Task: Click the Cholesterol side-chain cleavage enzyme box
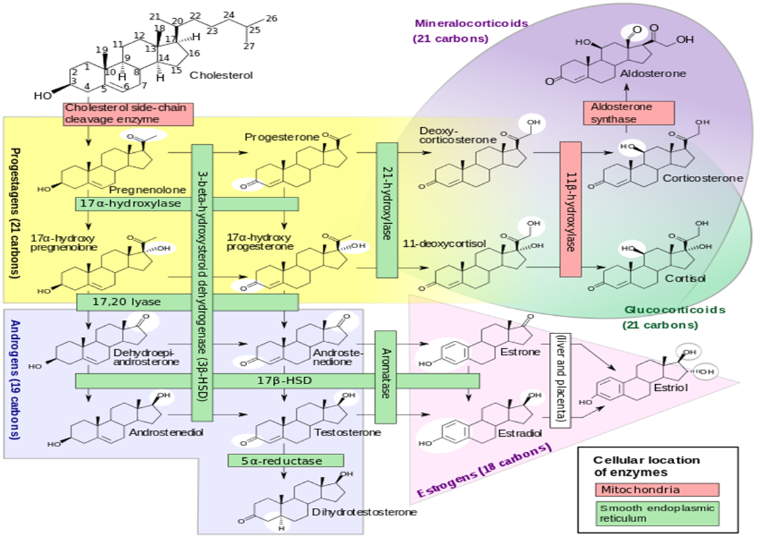tap(128, 114)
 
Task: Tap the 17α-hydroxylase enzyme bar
tap(187, 204)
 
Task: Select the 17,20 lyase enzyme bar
tap(187, 302)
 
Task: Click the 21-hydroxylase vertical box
tap(386, 210)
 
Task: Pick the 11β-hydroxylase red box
tap(571, 209)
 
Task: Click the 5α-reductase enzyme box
tap(286, 460)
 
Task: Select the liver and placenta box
tap(560, 380)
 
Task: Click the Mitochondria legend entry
tap(657, 490)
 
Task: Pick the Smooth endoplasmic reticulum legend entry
tap(657, 513)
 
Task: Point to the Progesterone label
tap(282, 137)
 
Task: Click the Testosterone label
tap(348, 432)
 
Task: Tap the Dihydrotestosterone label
tap(365, 512)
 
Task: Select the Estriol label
tap(671, 388)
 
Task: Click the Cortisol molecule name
tap(685, 279)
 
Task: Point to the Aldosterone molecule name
tap(653, 74)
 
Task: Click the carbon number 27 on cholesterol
tap(248, 47)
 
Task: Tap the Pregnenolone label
tap(148, 190)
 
